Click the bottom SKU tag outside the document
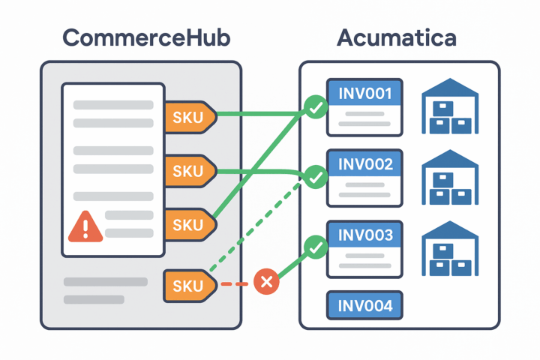[187, 285]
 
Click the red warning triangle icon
[85, 226]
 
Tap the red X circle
[266, 282]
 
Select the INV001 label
[365, 94]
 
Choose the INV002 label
[365, 164]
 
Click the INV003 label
[365, 235]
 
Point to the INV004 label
[365, 305]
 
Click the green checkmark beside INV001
[316, 108]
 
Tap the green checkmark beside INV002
[316, 177]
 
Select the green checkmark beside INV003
[316, 247]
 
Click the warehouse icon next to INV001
[450, 106]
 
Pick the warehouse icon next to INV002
[450, 177]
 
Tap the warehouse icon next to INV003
[450, 247]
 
